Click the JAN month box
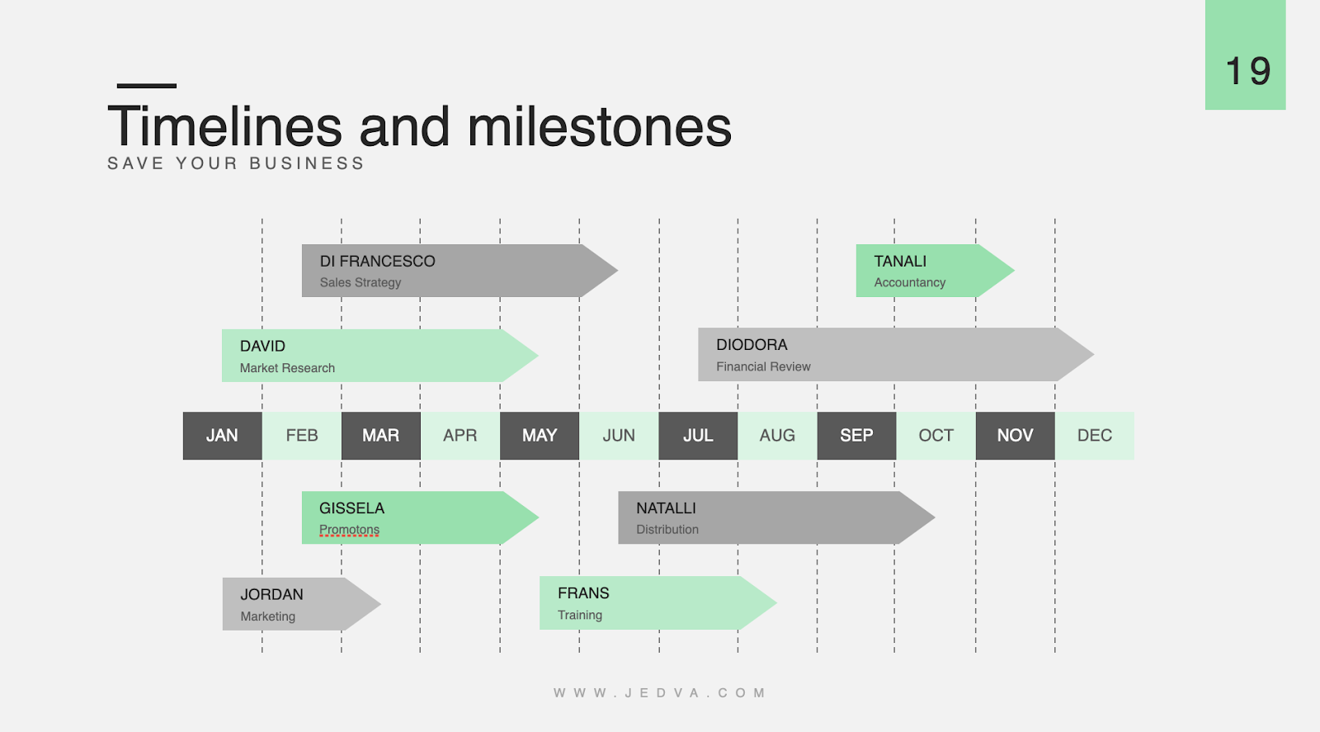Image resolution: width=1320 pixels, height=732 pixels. (222, 436)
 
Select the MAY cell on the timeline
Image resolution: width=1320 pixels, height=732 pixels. (540, 436)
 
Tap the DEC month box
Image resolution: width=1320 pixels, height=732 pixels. (1095, 436)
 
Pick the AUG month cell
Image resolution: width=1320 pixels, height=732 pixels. (777, 436)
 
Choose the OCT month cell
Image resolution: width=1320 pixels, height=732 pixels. (936, 436)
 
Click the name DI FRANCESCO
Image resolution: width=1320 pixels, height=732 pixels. (377, 262)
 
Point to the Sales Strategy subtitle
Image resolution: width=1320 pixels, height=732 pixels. (361, 282)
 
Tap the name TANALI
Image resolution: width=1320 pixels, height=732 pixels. (900, 262)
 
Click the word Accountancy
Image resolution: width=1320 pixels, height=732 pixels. (910, 282)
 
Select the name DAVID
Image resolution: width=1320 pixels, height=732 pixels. (262, 347)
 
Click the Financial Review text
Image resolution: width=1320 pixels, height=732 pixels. (763, 366)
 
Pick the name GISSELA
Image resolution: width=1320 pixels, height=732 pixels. (351, 508)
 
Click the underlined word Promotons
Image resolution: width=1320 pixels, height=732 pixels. (349, 530)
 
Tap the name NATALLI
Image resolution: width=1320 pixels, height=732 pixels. (666, 508)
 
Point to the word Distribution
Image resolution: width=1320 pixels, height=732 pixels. (667, 530)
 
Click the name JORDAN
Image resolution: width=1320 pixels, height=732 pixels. (271, 595)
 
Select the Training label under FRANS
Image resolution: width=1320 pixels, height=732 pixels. (580, 615)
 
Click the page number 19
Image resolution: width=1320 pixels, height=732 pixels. (1247, 72)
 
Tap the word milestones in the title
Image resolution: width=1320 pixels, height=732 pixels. (599, 128)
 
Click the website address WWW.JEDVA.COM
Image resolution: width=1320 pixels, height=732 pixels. (660, 693)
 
